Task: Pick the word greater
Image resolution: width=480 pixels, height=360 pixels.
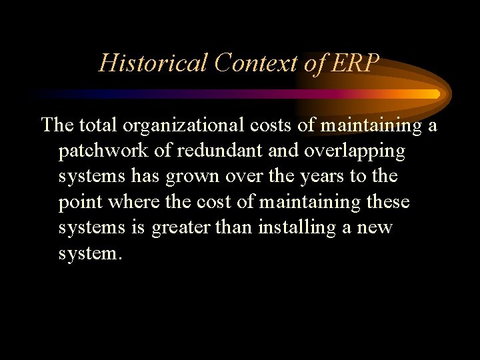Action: click(182, 228)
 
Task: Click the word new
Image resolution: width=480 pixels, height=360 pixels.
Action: click(375, 228)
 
